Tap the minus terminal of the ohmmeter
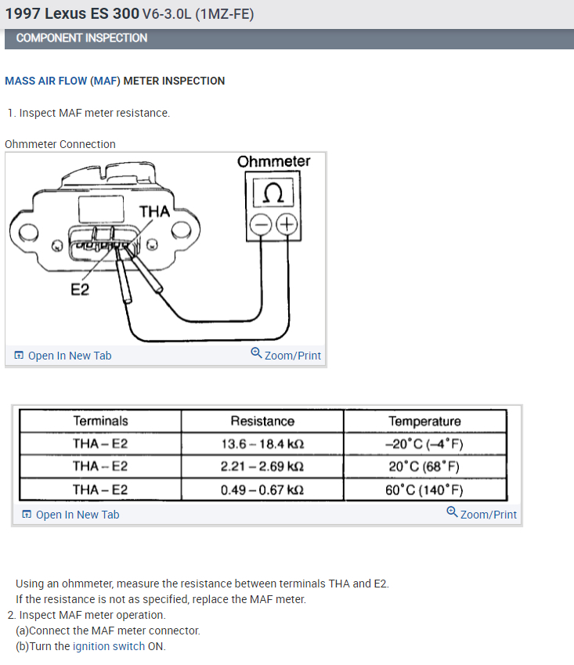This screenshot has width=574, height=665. (x=260, y=225)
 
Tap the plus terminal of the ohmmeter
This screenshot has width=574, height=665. (x=287, y=225)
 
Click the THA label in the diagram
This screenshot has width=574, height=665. (x=154, y=211)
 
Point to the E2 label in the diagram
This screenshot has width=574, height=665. (x=80, y=290)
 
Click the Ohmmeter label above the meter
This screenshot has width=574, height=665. (x=273, y=161)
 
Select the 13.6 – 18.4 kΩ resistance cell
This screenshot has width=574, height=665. (x=262, y=444)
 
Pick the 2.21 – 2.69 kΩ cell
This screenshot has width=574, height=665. (x=262, y=467)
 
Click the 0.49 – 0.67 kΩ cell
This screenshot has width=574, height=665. (x=262, y=490)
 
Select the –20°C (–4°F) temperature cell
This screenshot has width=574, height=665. (x=424, y=444)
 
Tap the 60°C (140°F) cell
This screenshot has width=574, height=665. (x=424, y=490)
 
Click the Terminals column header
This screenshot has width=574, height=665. (x=100, y=421)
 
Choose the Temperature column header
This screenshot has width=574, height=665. (x=424, y=421)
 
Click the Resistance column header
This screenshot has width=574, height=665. (x=262, y=421)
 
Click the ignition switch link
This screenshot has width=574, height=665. (x=109, y=646)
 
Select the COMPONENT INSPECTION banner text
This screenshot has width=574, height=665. (x=81, y=38)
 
